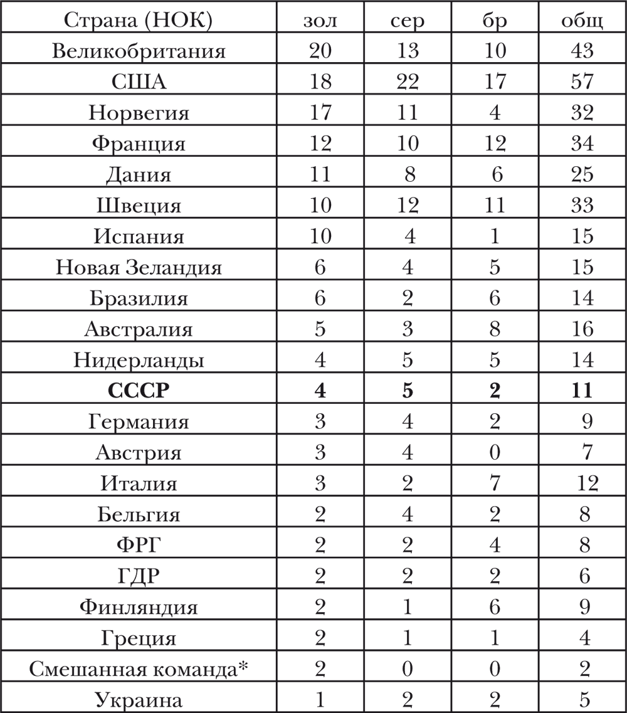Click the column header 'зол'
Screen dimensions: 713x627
(x=320, y=21)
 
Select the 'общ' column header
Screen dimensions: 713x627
(x=582, y=21)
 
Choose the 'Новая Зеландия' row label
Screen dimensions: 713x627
(x=139, y=268)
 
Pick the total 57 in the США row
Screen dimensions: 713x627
(x=582, y=82)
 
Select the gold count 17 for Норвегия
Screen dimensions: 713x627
(x=320, y=113)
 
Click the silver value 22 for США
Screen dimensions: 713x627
(x=408, y=82)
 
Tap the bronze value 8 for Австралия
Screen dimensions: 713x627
(x=495, y=329)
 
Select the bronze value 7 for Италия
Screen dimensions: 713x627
(x=495, y=483)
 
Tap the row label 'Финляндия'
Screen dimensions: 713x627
(x=139, y=607)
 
